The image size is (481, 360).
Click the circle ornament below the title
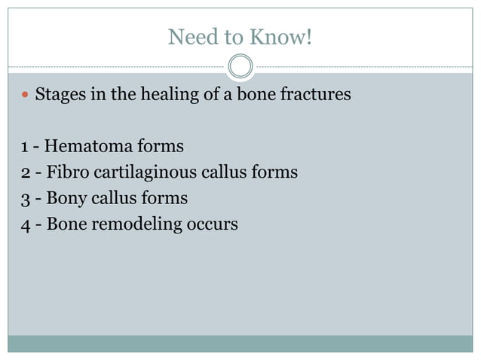tap(240, 67)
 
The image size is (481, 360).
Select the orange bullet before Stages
tap(24, 96)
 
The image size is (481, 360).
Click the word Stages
tap(60, 96)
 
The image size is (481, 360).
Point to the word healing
tap(158, 96)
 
